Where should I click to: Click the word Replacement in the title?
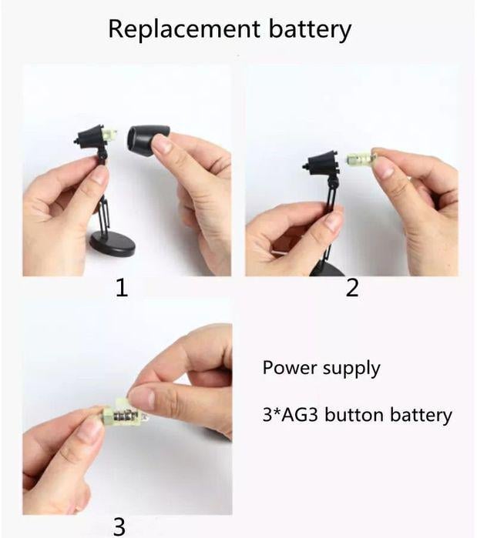pos(184,28)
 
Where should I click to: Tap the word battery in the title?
pos(310,30)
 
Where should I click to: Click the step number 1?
pos(122,288)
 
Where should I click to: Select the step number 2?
pos(352,288)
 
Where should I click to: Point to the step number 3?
pos(119,526)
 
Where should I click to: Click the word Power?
pos(290,367)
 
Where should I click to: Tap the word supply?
pos(351,369)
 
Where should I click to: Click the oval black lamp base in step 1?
pos(112,244)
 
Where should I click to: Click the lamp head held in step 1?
pos(92,137)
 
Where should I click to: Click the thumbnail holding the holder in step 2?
pos(383,169)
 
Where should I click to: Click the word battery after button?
pos(421,415)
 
